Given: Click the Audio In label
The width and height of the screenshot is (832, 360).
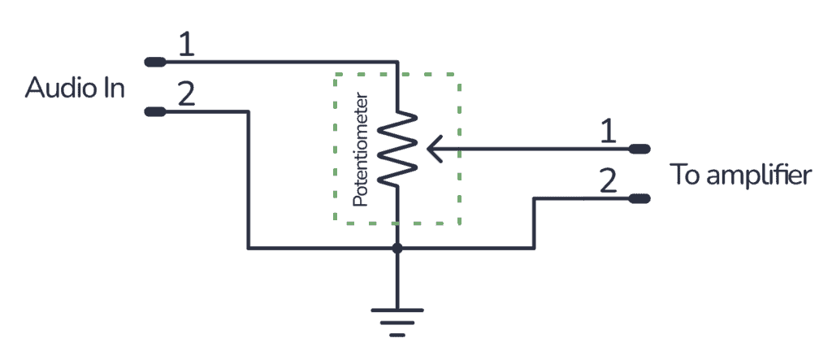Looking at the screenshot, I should click(x=75, y=88).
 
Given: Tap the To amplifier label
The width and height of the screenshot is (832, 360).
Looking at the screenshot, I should click(x=739, y=175).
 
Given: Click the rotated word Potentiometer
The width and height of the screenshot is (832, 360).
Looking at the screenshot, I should click(x=362, y=151).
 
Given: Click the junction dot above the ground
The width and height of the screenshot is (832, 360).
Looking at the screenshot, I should click(x=396, y=248).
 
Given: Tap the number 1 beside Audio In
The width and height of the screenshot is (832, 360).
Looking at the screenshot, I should click(x=186, y=46).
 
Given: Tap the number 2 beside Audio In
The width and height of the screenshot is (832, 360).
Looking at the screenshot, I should click(x=186, y=94).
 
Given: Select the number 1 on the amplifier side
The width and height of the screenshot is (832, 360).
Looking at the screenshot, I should click(x=606, y=132).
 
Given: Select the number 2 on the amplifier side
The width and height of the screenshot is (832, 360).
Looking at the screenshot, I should click(x=606, y=180).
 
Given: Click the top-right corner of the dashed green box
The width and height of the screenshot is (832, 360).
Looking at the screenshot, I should click(x=461, y=76).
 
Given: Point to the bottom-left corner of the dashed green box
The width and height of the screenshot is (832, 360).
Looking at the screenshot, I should click(x=336, y=223).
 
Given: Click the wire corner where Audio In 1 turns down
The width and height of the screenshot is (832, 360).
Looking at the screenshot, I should click(x=396, y=62).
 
